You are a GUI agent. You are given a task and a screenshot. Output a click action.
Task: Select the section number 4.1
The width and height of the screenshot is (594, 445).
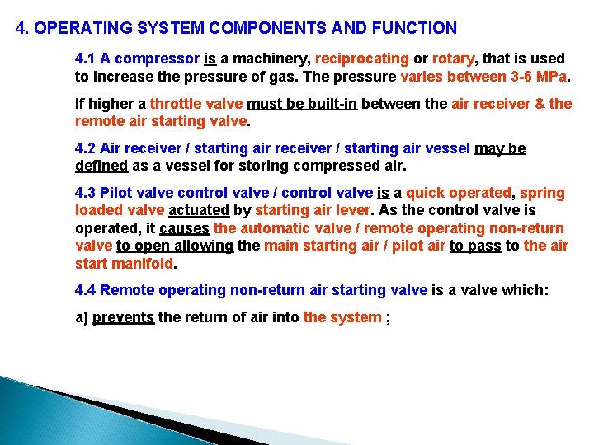pyautogui.click(x=86, y=59)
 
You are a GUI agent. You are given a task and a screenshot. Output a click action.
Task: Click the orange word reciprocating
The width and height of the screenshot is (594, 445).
pyautogui.click(x=362, y=59)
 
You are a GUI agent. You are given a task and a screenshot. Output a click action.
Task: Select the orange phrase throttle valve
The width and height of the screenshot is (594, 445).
pyautogui.click(x=193, y=104)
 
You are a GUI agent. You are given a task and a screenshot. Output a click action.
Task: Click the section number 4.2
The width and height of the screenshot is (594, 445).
pyautogui.click(x=86, y=148)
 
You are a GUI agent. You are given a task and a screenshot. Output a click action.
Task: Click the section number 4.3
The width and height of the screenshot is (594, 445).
pyautogui.click(x=86, y=193)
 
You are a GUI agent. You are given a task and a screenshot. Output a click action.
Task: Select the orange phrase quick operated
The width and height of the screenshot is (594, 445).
pyautogui.click(x=459, y=193)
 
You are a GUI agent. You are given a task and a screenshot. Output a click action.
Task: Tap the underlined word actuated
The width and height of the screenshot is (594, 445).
pyautogui.click(x=198, y=210)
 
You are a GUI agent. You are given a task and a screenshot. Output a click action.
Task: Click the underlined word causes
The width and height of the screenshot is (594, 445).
pyautogui.click(x=185, y=228)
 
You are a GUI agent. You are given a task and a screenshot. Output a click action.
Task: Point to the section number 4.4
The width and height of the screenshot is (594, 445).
pyautogui.click(x=86, y=289)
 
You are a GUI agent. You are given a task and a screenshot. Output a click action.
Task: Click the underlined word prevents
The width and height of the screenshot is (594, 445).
pyautogui.click(x=123, y=317)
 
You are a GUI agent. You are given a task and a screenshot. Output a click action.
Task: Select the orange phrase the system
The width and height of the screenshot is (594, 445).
pyautogui.click(x=342, y=317)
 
